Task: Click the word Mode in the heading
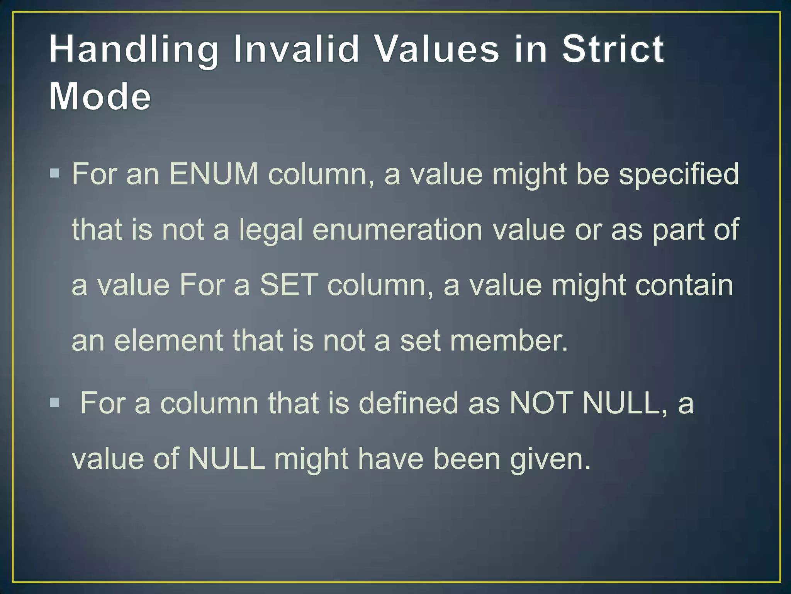coord(100,96)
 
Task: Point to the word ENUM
coord(214,174)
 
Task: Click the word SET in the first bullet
coord(289,285)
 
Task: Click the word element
coord(168,341)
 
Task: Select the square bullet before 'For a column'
coord(54,403)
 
